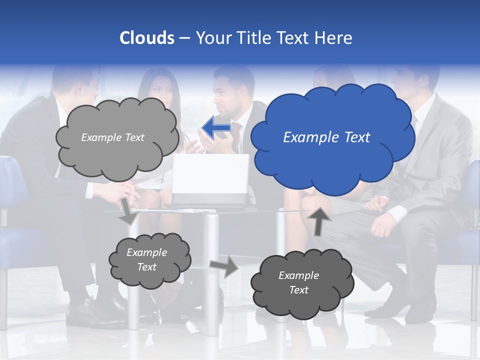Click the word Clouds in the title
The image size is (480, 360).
147,38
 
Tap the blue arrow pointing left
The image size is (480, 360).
217,128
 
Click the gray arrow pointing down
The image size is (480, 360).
128,210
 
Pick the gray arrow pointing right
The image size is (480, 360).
224,266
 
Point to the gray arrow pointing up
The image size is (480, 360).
320,220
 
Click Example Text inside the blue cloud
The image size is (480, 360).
326,137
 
